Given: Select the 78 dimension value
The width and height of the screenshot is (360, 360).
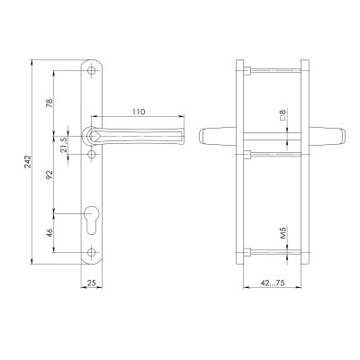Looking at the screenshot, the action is point(49,103).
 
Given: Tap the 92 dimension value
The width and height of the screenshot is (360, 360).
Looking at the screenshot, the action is point(49,175).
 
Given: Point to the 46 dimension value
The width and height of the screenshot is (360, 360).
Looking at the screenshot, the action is point(49,233).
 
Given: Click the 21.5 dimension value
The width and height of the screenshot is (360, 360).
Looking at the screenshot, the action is point(64,145).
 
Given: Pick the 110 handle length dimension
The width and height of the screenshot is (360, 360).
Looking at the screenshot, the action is point(139,112).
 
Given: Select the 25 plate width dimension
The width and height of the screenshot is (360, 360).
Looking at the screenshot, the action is point(92,283).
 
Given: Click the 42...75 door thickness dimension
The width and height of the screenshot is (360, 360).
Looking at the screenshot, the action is point(273,283).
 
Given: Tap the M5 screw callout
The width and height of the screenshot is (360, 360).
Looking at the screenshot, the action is point(283,233).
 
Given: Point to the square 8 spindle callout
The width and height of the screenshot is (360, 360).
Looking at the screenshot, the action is point(283,115).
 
